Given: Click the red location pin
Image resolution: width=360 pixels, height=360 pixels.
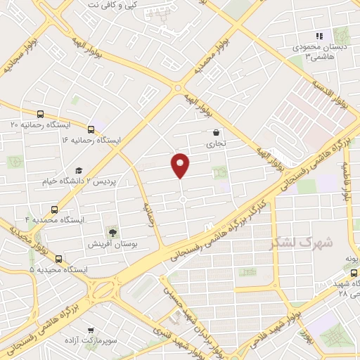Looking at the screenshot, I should [181, 165].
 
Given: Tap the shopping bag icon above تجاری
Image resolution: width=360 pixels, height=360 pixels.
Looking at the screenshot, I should [215, 132].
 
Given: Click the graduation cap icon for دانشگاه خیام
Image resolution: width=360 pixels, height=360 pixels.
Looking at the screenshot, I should [79, 171].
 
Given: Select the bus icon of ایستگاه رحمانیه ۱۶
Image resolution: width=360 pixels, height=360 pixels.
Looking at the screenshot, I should [91, 129].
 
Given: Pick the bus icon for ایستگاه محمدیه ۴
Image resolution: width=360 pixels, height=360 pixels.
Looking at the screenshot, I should [55, 209].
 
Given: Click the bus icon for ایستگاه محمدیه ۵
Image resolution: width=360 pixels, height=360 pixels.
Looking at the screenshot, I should [58, 259].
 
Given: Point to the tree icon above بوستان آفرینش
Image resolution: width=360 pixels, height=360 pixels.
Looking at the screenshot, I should [111, 233].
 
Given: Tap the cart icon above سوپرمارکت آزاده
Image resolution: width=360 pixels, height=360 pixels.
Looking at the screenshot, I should [91, 329].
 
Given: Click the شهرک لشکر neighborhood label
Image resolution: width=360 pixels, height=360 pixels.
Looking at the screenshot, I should [302, 243].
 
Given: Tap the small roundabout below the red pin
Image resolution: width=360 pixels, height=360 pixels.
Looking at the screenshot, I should [182, 201].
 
